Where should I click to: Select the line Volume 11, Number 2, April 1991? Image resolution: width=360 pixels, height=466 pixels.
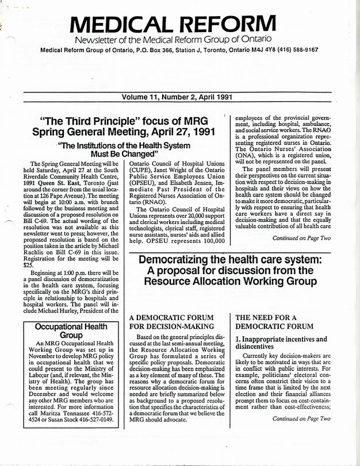tap(180, 98)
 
